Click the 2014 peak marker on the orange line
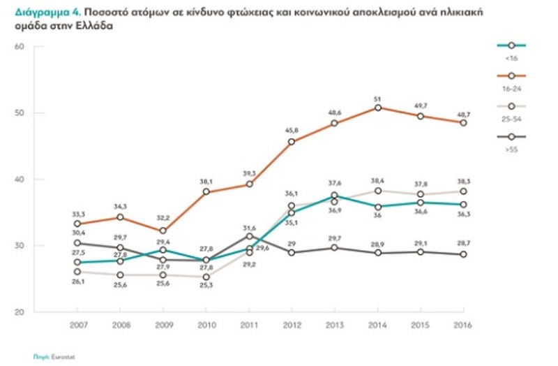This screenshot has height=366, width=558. tap(378, 108)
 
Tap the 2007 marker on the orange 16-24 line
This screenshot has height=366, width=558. tap(78, 224)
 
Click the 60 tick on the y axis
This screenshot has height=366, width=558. tap(19, 47)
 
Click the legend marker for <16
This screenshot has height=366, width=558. tap(512, 45)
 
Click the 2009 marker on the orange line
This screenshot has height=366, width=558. tap(162, 231)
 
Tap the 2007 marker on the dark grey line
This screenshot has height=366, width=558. tap(78, 243)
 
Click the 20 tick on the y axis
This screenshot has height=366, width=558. tap(19, 312)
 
